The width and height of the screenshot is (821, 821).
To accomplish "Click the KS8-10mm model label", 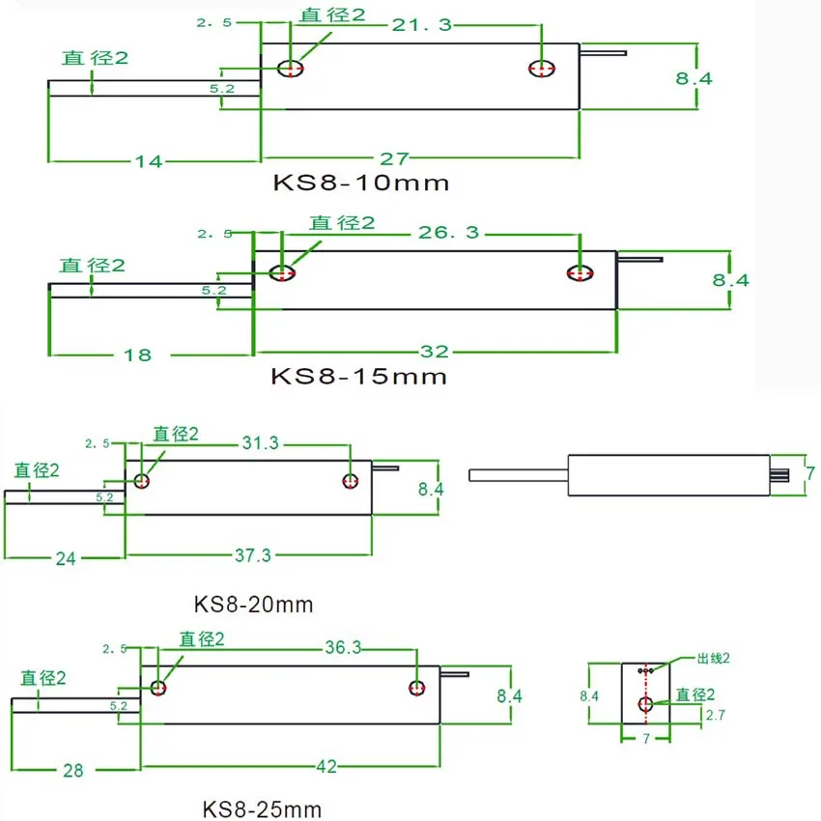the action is tap(361, 183).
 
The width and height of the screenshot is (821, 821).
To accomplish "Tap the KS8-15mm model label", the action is tap(358, 376).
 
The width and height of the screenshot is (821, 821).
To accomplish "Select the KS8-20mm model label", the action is tap(253, 605).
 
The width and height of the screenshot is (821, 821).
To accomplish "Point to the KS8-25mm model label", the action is tap(262, 809).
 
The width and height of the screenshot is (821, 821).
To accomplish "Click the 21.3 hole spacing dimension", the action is tap(422, 24).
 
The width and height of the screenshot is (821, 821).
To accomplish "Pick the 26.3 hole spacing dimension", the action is tap(449, 232).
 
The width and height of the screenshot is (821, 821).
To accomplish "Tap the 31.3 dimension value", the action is tap(260, 443).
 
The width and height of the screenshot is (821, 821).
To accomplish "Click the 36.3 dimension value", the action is tap(343, 647).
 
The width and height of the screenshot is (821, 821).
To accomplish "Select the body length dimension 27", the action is tap(394, 158).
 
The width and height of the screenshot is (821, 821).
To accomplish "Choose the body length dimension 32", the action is tap(435, 352).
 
